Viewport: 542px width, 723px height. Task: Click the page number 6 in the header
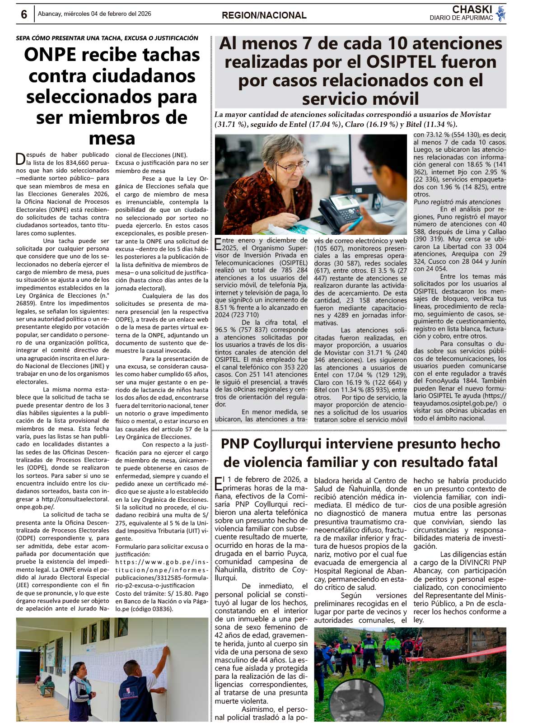(24, 14)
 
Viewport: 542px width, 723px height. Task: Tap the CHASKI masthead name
(472, 9)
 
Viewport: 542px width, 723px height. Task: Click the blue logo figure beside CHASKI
(500, 13)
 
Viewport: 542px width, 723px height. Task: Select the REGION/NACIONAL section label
(264, 15)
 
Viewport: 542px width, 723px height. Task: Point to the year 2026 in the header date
(144, 14)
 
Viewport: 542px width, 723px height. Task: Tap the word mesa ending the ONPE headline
(112, 138)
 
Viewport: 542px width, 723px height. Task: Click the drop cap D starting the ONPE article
(20, 159)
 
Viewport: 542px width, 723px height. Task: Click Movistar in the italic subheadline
(475, 115)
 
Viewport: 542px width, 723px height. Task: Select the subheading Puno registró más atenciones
(457, 202)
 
